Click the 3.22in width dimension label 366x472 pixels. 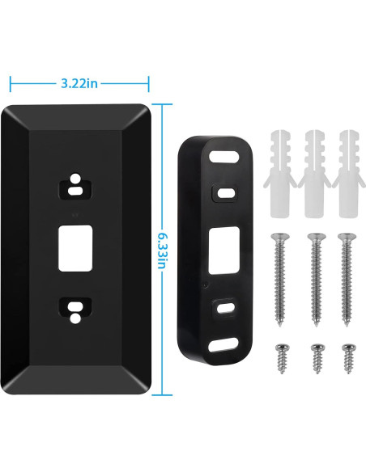click(79, 82)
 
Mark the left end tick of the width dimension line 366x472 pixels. click(10, 82)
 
